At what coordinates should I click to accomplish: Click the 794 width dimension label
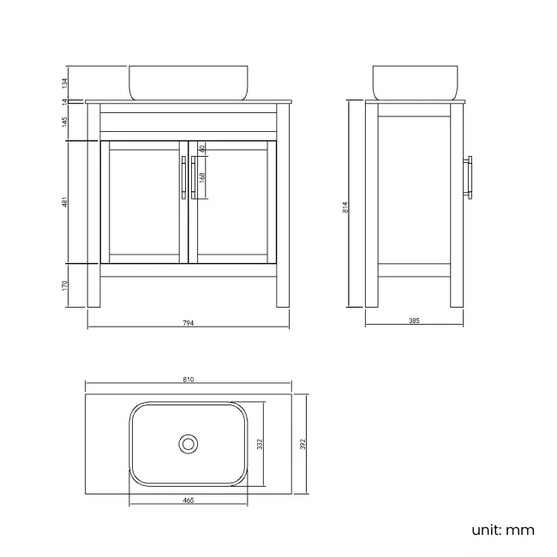189,323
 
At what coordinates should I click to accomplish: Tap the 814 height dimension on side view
345,206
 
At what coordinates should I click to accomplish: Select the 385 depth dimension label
414,320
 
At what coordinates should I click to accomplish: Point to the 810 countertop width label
189,380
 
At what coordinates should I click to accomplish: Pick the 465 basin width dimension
188,500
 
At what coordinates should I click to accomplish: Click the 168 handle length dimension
202,177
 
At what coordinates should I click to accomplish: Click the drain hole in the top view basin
189,444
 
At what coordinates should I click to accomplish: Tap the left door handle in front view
183,177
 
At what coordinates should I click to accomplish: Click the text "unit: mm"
503,530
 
